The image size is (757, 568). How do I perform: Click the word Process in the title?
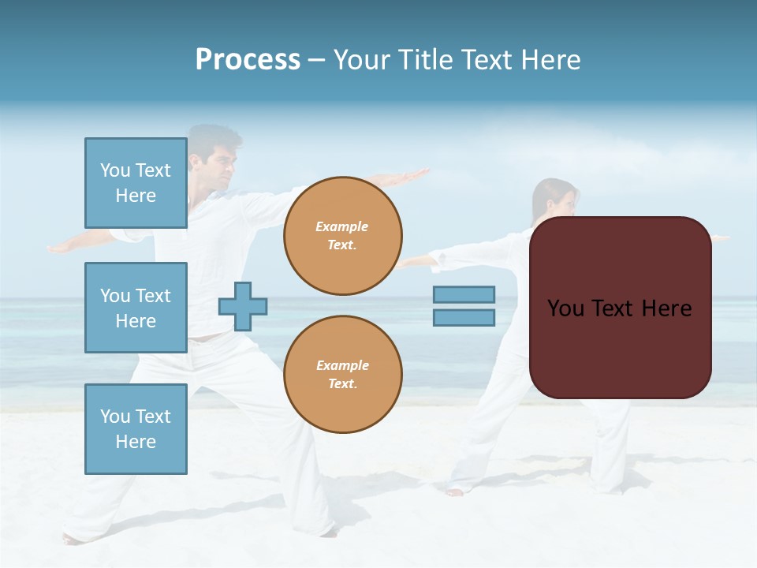point(248,60)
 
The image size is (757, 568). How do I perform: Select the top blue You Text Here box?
point(136,183)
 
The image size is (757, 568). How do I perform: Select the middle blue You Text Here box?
point(136,308)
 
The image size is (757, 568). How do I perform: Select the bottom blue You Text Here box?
point(136,428)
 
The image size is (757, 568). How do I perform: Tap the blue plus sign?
point(243,306)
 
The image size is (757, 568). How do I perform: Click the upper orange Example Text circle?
point(343,236)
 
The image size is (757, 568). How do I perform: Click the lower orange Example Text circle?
point(343,375)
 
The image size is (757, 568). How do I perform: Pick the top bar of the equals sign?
point(464,294)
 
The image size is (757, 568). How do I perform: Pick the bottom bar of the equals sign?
point(464,317)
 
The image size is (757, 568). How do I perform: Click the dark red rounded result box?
point(620,347)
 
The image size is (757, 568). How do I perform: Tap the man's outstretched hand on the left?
point(63,247)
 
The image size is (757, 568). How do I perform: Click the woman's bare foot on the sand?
point(455,492)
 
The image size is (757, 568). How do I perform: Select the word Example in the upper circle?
point(341,226)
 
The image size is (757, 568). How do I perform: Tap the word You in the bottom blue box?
point(114,417)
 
